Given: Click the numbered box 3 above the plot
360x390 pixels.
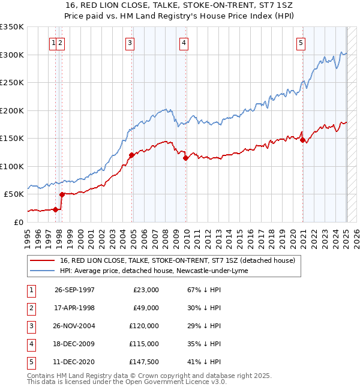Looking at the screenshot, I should [x=130, y=43].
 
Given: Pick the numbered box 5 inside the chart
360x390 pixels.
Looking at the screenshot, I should [x=301, y=43].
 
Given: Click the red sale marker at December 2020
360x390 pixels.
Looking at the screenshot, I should [x=303, y=140].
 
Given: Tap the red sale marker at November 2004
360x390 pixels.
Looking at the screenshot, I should [x=131, y=155].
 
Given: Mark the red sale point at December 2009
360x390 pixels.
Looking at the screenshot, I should [x=186, y=158].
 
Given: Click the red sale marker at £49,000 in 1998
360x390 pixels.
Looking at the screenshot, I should [x=62, y=194].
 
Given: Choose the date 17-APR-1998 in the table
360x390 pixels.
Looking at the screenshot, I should [x=74, y=308].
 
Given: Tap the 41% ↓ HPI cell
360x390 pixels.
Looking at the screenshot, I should [x=204, y=362].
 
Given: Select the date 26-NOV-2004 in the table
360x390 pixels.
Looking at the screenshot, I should [x=74, y=326].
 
